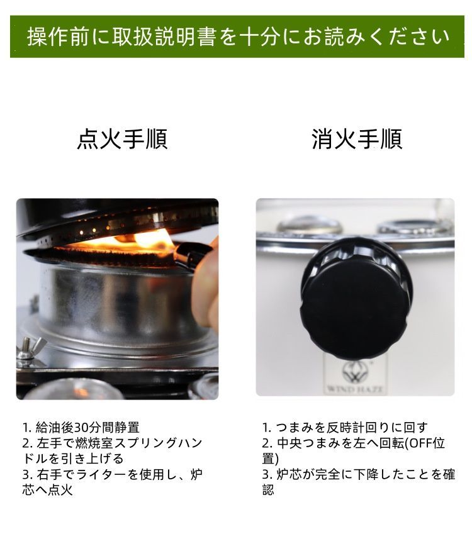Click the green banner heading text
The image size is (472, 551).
pyautogui.click(x=238, y=36)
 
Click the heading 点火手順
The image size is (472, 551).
pyautogui.click(x=122, y=139)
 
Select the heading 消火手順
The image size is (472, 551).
pyautogui.click(x=357, y=139)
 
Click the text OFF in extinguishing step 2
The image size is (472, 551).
pyautogui.click(x=418, y=443)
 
